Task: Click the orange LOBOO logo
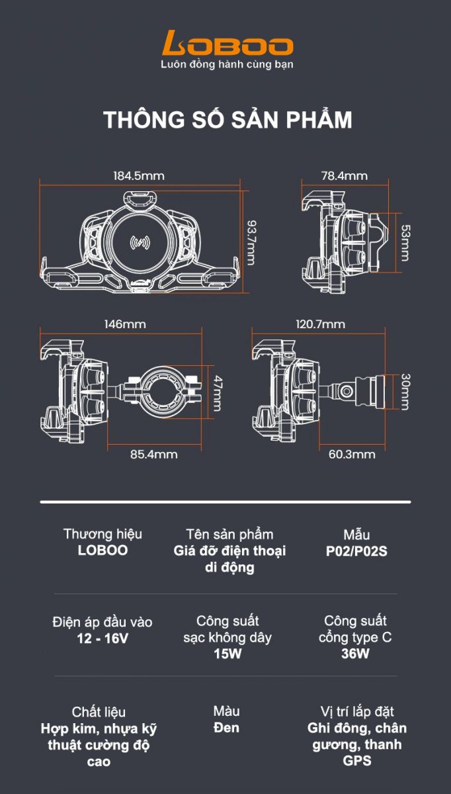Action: (x=227, y=43)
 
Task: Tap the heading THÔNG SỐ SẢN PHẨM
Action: (x=227, y=120)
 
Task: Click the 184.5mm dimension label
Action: (x=139, y=176)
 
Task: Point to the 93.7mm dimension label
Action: (x=251, y=242)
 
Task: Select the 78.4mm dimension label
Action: (x=345, y=176)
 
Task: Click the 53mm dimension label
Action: (x=405, y=243)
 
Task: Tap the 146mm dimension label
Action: (x=125, y=324)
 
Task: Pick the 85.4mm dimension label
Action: (x=154, y=454)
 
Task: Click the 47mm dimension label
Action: (x=217, y=393)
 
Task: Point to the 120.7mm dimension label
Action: (x=320, y=324)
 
